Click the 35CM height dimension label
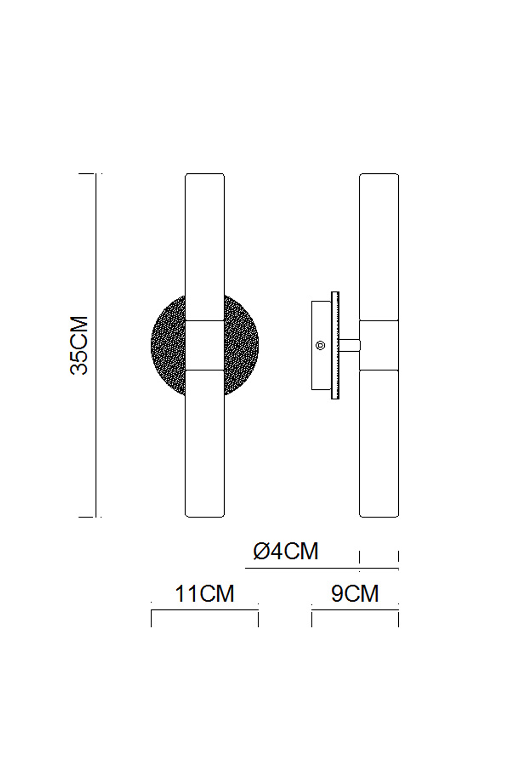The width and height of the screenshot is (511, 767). coord(79,345)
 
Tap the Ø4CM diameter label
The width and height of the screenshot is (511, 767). coord(286,551)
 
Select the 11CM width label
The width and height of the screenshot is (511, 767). coord(204,594)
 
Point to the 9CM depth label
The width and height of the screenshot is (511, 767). coord(355,594)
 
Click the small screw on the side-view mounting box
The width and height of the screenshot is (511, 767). coord(320,345)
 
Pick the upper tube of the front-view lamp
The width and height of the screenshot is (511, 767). coord(205,247)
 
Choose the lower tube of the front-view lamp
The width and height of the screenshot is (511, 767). coord(205,443)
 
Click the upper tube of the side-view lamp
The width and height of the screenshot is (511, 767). coord(379,247)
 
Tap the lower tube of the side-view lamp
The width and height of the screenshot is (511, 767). coord(379,443)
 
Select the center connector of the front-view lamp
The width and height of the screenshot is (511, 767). coord(205,345)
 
